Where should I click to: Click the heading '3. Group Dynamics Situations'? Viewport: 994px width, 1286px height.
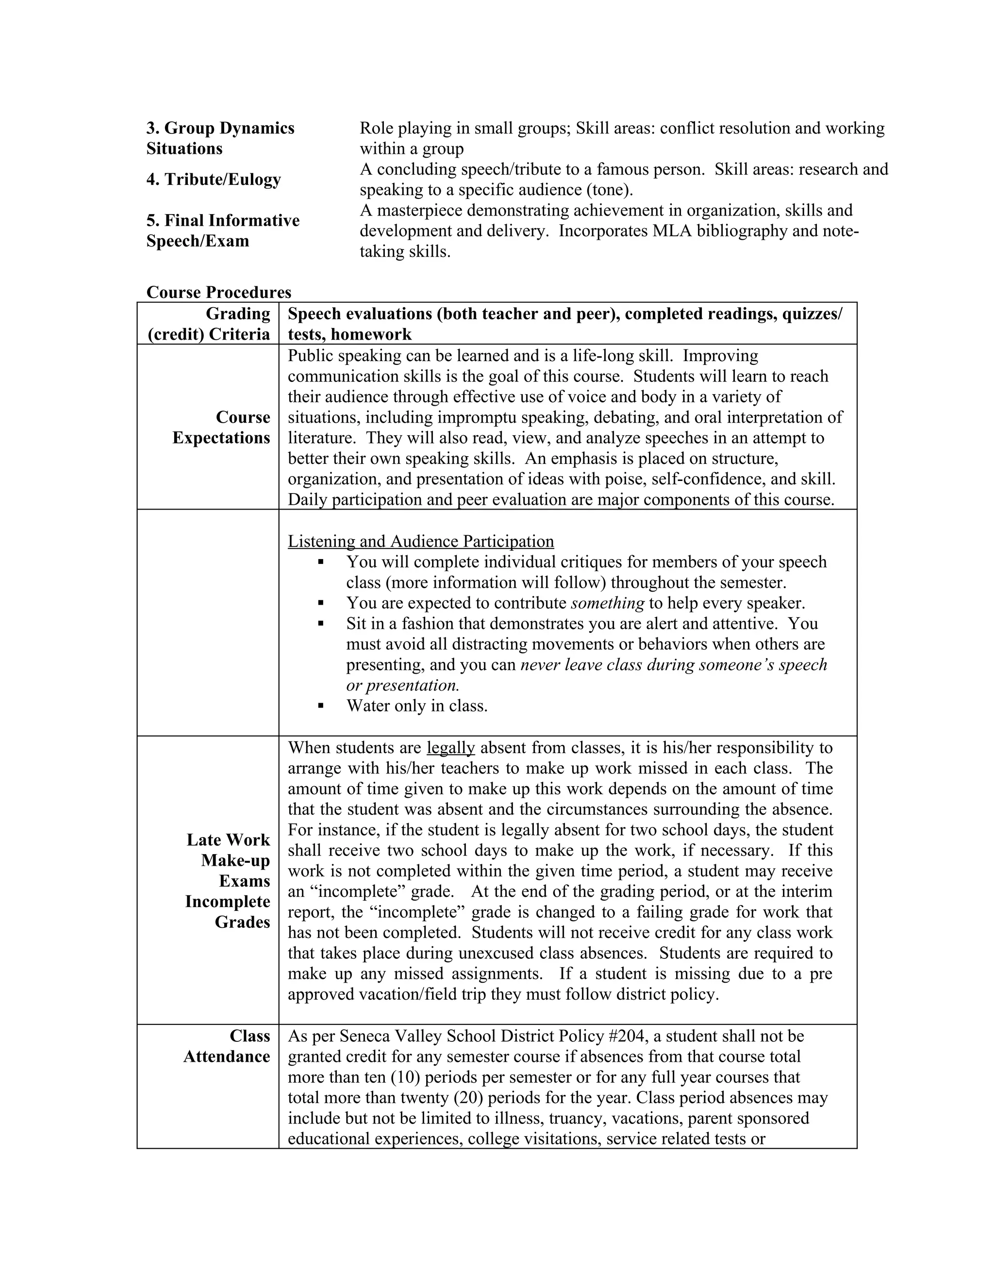pos(220,138)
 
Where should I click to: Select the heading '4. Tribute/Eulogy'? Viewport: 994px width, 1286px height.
pos(213,179)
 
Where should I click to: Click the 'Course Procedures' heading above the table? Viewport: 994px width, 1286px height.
pos(218,292)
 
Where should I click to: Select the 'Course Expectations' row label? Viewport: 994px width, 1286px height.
pos(221,428)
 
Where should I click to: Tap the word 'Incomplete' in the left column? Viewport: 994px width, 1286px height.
pos(227,902)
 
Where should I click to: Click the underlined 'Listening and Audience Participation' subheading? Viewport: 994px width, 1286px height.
pos(420,541)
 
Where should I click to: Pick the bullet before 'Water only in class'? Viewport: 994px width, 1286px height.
pos(321,706)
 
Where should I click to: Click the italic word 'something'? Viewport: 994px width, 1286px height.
pos(607,603)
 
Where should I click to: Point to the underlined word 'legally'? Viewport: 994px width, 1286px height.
pos(450,748)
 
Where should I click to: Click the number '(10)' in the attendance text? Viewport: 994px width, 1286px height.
pos(404,1077)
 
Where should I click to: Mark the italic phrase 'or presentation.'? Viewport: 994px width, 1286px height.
pos(402,685)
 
